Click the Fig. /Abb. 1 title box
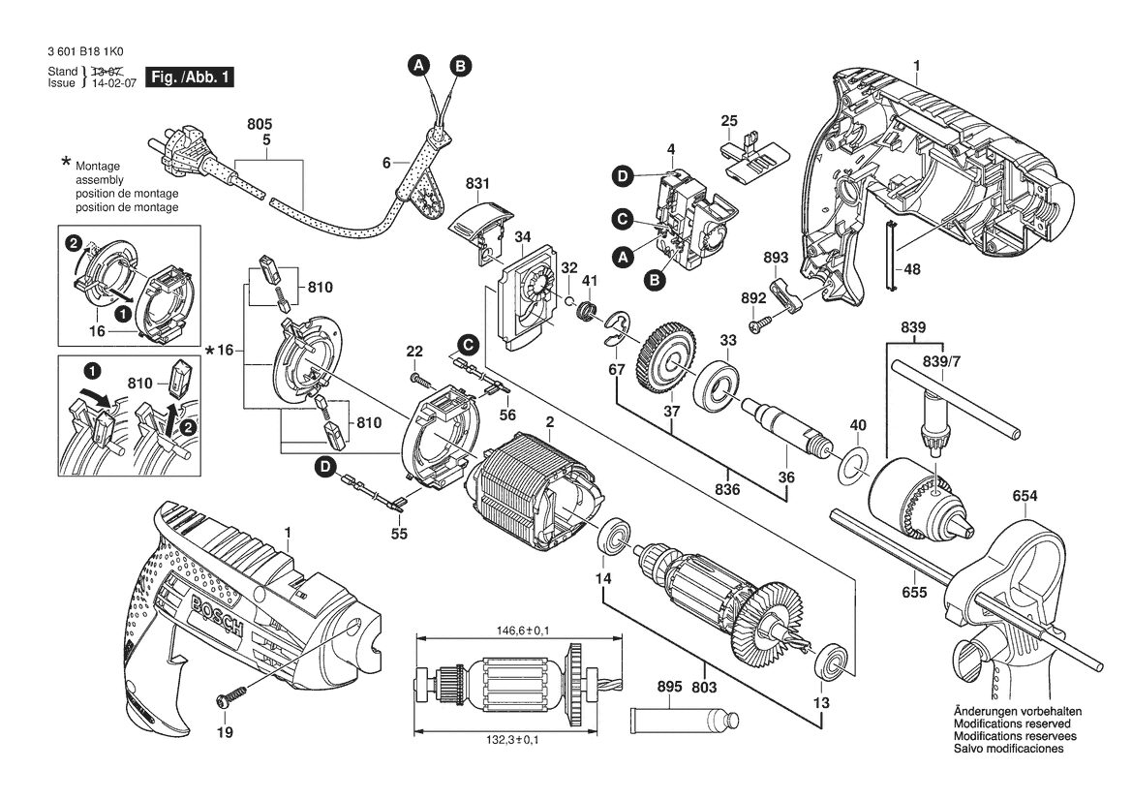[x=190, y=77]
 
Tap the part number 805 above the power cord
[x=260, y=125]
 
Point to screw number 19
[x=229, y=696]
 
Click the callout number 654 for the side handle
[x=1025, y=495]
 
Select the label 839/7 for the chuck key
[x=942, y=361]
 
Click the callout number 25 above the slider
[x=729, y=120]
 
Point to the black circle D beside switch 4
[x=623, y=175]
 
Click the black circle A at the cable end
[x=418, y=65]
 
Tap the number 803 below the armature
[x=704, y=687]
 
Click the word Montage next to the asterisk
[x=98, y=166]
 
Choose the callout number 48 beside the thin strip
[x=912, y=269]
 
